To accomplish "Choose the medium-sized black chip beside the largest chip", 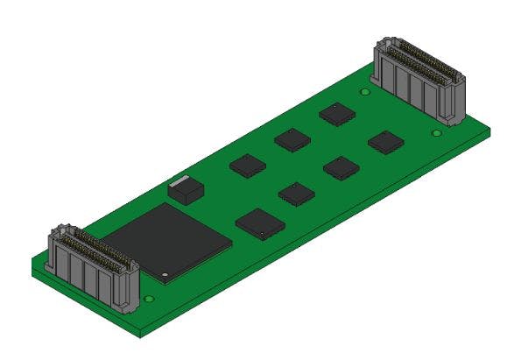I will point(259,223).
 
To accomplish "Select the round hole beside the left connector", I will point(150,300).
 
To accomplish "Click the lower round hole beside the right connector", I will point(437,134).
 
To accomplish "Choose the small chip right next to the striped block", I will point(248,165).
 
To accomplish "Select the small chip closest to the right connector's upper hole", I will point(335,114).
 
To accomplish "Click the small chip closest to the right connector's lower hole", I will point(384,142).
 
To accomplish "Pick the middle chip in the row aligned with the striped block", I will point(292,139).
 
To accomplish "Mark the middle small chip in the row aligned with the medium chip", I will point(341,167).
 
